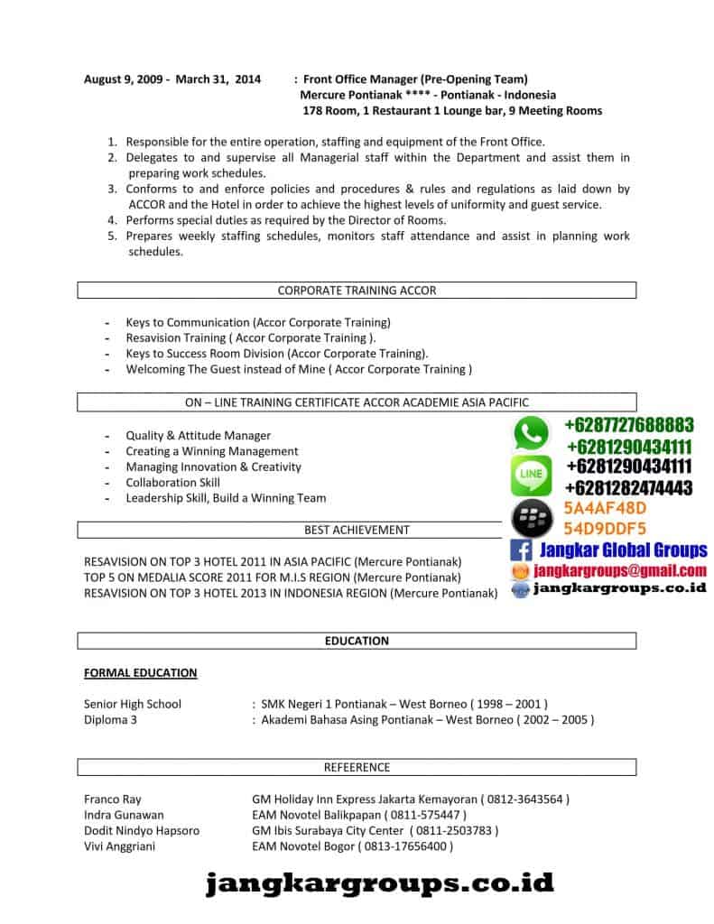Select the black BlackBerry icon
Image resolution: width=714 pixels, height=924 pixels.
[x=531, y=519]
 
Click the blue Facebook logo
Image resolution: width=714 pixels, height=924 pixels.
[x=521, y=550]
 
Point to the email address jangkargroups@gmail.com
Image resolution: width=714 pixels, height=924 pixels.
[x=619, y=570]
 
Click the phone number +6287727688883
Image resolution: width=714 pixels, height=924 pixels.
[x=629, y=425]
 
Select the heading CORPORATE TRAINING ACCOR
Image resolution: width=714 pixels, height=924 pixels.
[x=357, y=291]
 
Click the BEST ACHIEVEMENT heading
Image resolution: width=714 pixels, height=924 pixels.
[x=357, y=530]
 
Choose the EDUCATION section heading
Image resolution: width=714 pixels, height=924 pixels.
[x=357, y=641]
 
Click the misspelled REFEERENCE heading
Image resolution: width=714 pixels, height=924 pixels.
[x=357, y=767]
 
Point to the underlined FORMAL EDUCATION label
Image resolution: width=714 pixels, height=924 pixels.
[x=140, y=672]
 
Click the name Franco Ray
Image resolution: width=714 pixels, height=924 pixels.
[x=113, y=799]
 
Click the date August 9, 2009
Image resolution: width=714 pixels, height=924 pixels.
[x=121, y=79]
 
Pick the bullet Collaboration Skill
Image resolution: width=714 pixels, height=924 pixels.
[x=173, y=482]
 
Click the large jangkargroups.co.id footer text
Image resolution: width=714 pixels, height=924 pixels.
[x=380, y=883]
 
